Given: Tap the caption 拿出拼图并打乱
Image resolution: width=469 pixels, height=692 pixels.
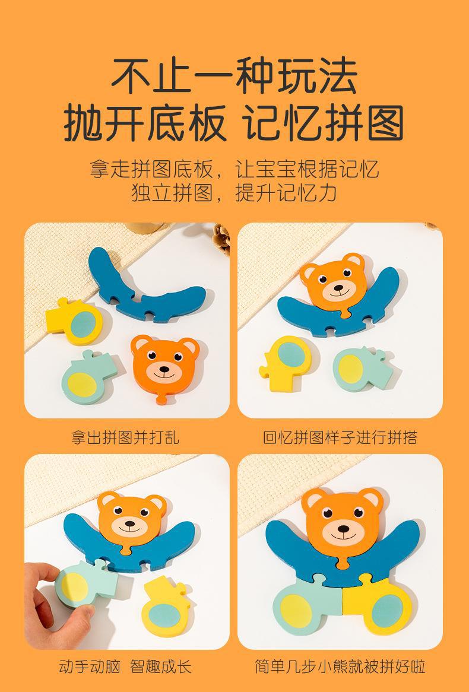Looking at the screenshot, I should (x=125, y=437).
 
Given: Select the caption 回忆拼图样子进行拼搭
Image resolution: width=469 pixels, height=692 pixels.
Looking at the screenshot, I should (x=340, y=437).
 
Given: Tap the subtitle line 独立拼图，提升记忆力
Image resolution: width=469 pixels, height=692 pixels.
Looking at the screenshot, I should (x=234, y=193).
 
